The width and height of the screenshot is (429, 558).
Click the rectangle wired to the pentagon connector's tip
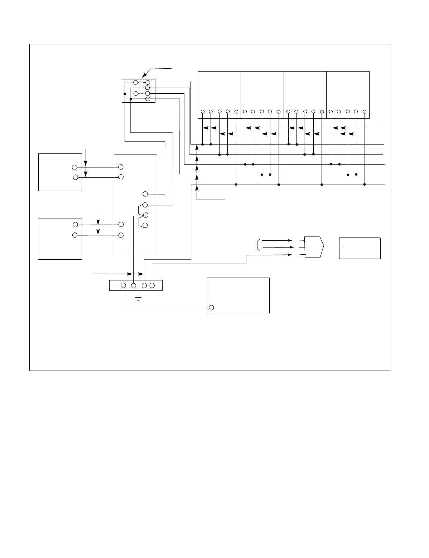[x=360, y=248]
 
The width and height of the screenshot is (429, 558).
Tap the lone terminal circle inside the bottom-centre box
[x=211, y=308]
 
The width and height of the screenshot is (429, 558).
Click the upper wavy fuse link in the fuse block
[x=141, y=83]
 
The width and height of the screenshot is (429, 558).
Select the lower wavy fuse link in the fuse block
[x=141, y=94]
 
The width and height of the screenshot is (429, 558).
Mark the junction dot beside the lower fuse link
[x=125, y=94]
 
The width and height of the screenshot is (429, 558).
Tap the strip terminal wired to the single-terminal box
[x=123, y=285]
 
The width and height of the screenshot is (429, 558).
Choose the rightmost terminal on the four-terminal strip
[x=152, y=285]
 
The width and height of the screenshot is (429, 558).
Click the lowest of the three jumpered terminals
[x=145, y=225]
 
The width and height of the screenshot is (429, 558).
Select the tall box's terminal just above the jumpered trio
[x=145, y=194]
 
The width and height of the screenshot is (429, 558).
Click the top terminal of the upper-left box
[x=74, y=167]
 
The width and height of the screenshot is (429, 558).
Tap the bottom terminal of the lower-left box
[x=75, y=235]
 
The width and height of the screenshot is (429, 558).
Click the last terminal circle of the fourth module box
[x=365, y=112]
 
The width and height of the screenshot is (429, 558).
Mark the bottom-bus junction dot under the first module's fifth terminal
[x=236, y=185]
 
